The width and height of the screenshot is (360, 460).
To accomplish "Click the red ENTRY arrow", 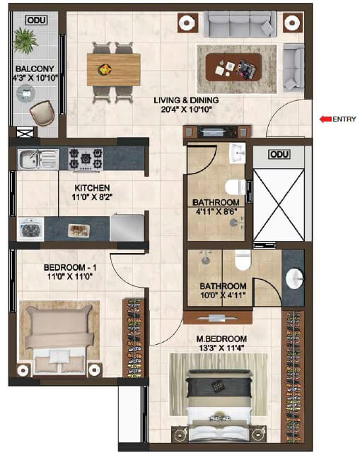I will click(325, 119).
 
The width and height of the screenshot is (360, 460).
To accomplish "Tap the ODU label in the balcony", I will click(33, 20).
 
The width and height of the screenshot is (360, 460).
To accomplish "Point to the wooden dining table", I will click(113, 69).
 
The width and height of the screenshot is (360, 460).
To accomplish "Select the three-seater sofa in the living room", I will click(240, 24).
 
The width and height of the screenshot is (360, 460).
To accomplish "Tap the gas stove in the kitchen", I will click(86, 159).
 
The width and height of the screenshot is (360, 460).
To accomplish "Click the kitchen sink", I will click(38, 159).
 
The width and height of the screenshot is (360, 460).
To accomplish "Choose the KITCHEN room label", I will click(93, 188).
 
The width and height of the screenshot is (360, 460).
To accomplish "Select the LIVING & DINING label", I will click(186, 100).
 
